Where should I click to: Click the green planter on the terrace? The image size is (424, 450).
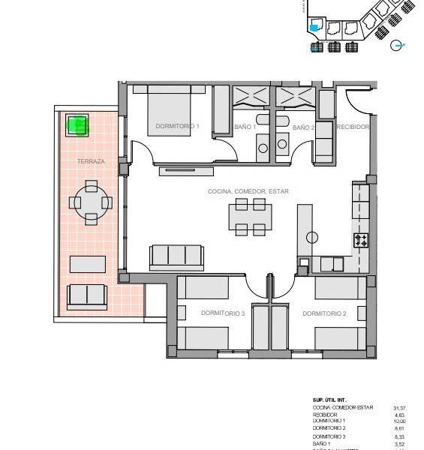[x=77, y=124]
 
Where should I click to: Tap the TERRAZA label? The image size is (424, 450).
[x=90, y=161]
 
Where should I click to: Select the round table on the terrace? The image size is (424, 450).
[x=91, y=202]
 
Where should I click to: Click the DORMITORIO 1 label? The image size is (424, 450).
[x=177, y=127]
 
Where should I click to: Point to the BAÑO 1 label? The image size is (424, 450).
[x=245, y=127]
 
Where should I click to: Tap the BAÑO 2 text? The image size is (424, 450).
[x=303, y=127]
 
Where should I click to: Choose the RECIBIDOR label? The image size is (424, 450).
[x=352, y=127]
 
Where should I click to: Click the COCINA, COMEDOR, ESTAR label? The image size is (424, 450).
[x=248, y=191]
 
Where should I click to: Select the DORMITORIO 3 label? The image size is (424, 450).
[x=223, y=313]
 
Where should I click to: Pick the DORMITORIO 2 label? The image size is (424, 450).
[x=324, y=313]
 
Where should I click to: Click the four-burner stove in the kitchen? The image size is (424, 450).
[x=361, y=240]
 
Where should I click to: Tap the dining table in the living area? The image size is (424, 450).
[x=248, y=220]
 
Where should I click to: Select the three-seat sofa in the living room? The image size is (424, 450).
[x=176, y=256]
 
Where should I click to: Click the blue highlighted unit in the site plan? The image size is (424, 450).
[x=314, y=28]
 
